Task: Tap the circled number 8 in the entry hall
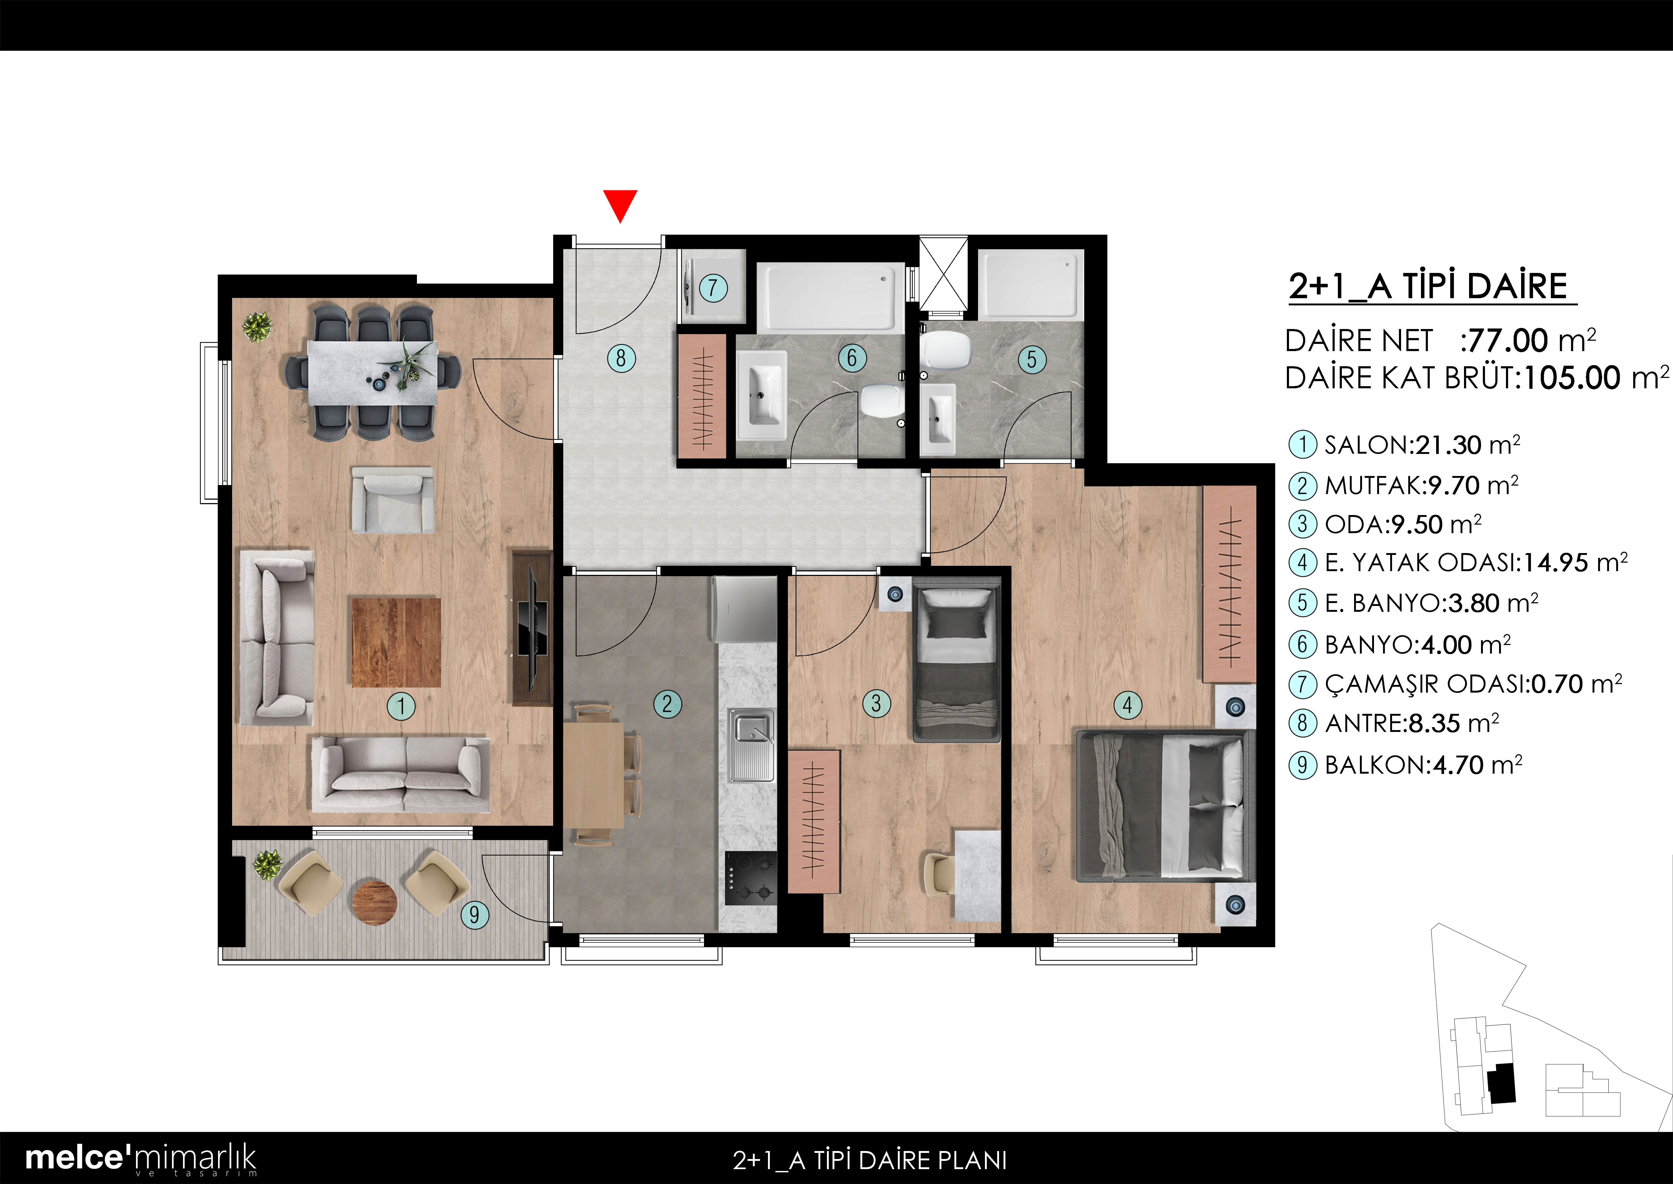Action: click(x=621, y=358)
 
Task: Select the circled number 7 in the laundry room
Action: click(x=713, y=287)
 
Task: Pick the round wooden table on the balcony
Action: click(x=374, y=903)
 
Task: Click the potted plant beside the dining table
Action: click(x=257, y=327)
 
